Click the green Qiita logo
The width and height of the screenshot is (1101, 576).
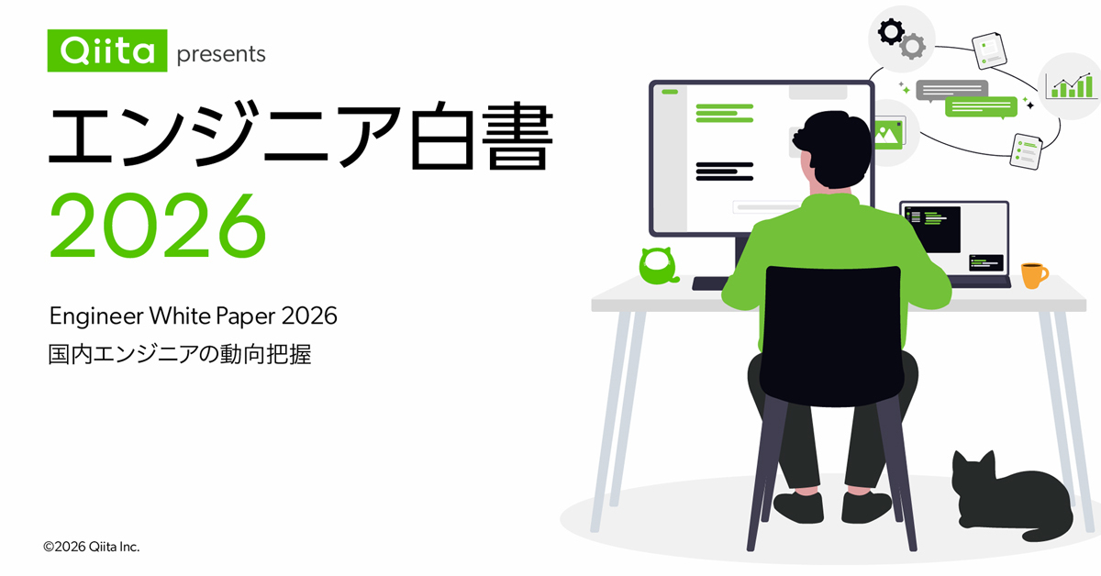tap(107, 50)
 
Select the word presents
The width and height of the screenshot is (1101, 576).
tap(221, 54)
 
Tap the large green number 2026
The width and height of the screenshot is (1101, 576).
tap(157, 226)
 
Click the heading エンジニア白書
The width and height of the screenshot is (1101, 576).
tap(300, 137)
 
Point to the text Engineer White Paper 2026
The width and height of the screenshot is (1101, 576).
tap(194, 316)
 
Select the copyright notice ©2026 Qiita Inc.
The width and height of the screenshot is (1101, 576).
tap(92, 547)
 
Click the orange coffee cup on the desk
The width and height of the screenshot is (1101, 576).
tap(1033, 274)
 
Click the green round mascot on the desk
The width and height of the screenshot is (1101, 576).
tap(658, 265)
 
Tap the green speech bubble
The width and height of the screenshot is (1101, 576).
tap(981, 106)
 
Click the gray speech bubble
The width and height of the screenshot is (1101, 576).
tap(951, 89)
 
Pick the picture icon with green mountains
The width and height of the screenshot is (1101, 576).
tap(886, 133)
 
